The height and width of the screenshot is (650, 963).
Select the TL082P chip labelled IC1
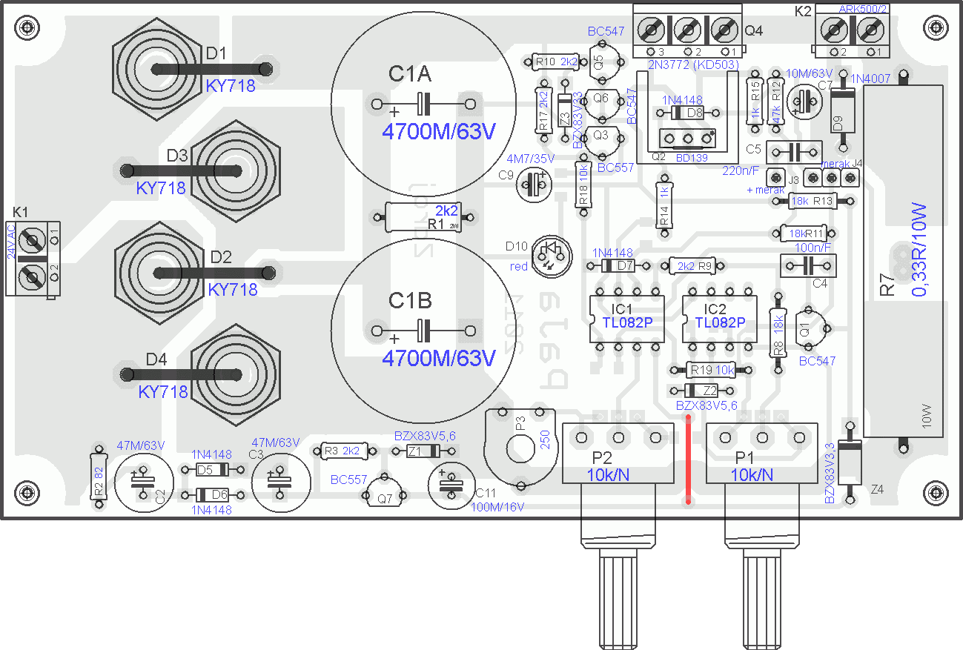[626, 319]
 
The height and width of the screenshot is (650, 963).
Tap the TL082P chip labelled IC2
[720, 319]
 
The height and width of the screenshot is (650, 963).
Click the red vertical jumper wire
[689, 460]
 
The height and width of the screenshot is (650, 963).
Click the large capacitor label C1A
[410, 74]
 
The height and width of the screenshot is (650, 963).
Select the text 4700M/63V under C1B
[438, 358]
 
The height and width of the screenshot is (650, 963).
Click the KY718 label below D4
[163, 391]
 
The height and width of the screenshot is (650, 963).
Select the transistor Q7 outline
[385, 495]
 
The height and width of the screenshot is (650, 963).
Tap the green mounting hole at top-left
[27, 29]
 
